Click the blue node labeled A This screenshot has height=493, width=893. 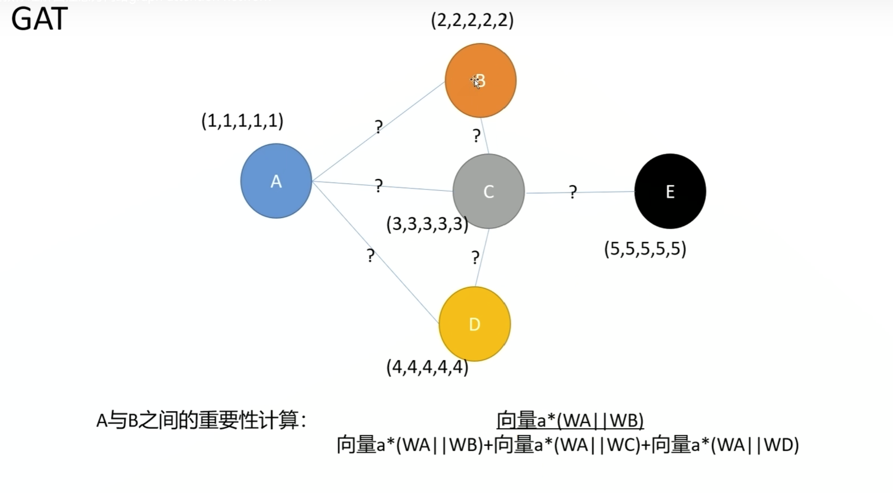pyautogui.click(x=276, y=181)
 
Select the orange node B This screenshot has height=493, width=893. pyautogui.click(x=480, y=80)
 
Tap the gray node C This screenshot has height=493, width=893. pyautogui.click(x=488, y=191)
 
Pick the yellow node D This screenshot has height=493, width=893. pyautogui.click(x=474, y=324)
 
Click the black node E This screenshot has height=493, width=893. pyautogui.click(x=670, y=191)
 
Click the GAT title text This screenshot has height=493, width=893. pyautogui.click(x=39, y=19)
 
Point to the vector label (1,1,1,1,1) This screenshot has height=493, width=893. pyautogui.click(x=242, y=120)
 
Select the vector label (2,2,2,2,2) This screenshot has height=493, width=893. pyautogui.click(x=472, y=20)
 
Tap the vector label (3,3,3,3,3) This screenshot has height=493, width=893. pyautogui.click(x=427, y=224)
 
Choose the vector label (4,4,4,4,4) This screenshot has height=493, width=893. pyautogui.click(x=427, y=367)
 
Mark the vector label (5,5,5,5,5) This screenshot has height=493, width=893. pyautogui.click(x=645, y=249)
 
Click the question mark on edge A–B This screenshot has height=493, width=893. pyautogui.click(x=379, y=127)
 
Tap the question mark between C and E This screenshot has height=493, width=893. pyautogui.click(x=572, y=192)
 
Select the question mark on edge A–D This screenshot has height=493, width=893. pyautogui.click(x=370, y=256)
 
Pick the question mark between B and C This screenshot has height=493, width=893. pyautogui.click(x=476, y=136)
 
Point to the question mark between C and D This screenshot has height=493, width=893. pyautogui.click(x=475, y=258)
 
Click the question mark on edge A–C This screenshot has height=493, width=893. pyautogui.click(x=379, y=185)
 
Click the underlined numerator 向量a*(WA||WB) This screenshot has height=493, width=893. pyautogui.click(x=570, y=420)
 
